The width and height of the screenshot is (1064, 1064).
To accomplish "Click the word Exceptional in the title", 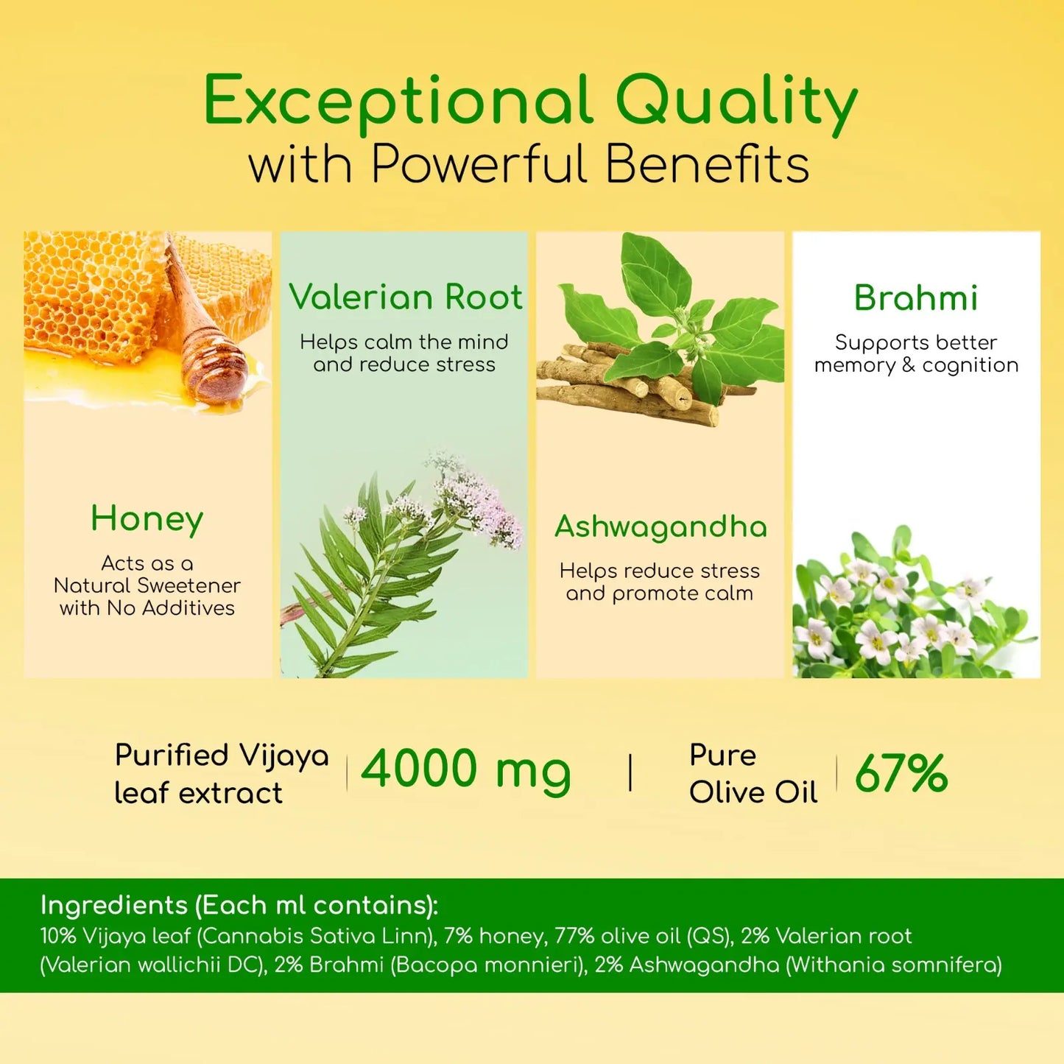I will pos(398,102).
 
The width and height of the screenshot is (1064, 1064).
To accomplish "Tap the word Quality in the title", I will pos(736,102).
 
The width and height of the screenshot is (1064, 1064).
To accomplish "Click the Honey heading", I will pos(147,519).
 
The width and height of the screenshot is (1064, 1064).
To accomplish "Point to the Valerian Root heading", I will pos(405,297).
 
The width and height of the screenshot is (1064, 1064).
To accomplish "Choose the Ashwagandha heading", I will pos(660,526).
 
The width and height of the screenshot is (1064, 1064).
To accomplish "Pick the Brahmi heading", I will pos(916,298).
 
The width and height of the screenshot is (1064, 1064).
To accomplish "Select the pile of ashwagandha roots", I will pos(626,383).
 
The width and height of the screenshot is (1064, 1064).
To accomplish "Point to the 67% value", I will pos(901,773).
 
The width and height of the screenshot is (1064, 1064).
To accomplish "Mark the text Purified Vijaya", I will pos(222,755).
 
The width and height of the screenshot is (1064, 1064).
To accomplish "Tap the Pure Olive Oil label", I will pos(753,774).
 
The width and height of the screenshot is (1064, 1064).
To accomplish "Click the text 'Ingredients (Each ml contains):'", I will pos(239,905).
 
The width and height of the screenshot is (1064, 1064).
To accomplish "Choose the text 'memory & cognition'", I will pos(916,365).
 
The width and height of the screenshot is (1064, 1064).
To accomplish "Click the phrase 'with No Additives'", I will pos(147,608).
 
